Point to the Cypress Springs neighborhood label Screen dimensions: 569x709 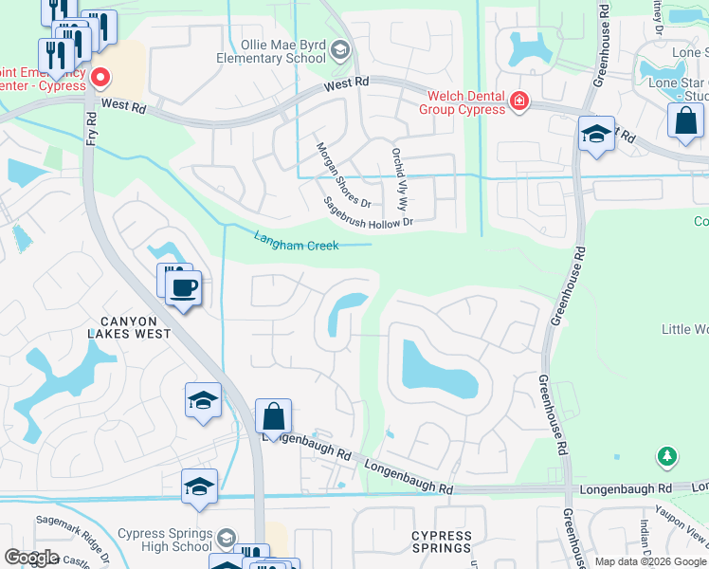click(x=442, y=541)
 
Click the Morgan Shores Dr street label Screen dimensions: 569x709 click(x=343, y=175)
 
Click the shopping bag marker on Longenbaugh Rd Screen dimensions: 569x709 click(x=273, y=417)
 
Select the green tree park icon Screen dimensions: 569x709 click(x=667, y=458)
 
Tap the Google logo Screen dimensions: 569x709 click(x=31, y=558)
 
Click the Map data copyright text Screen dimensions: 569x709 click(x=649, y=561)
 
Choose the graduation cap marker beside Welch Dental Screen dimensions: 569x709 click(x=595, y=134)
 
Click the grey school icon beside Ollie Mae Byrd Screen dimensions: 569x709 click(x=340, y=51)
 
